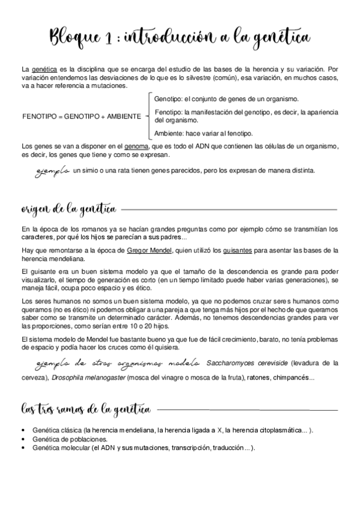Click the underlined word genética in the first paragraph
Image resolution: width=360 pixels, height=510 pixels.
[43, 70]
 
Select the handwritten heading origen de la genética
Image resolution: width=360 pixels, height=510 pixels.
[69, 209]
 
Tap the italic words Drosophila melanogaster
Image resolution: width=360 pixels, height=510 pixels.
[87, 378]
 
